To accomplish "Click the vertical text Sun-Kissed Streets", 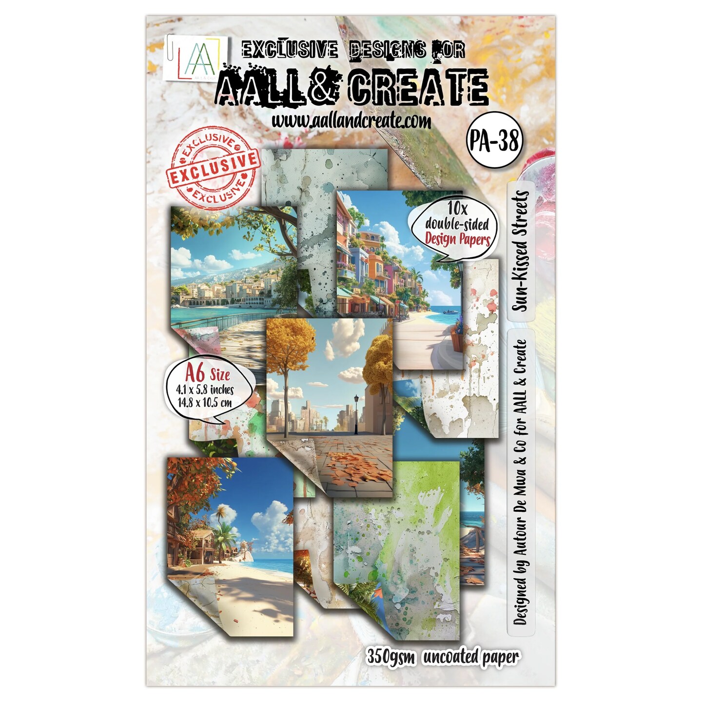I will pyautogui.click(x=520, y=251).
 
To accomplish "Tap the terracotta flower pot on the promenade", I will pyautogui.click(x=457, y=339).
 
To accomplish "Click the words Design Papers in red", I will pyautogui.click(x=457, y=239).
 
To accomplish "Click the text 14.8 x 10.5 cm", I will pyautogui.click(x=204, y=403).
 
